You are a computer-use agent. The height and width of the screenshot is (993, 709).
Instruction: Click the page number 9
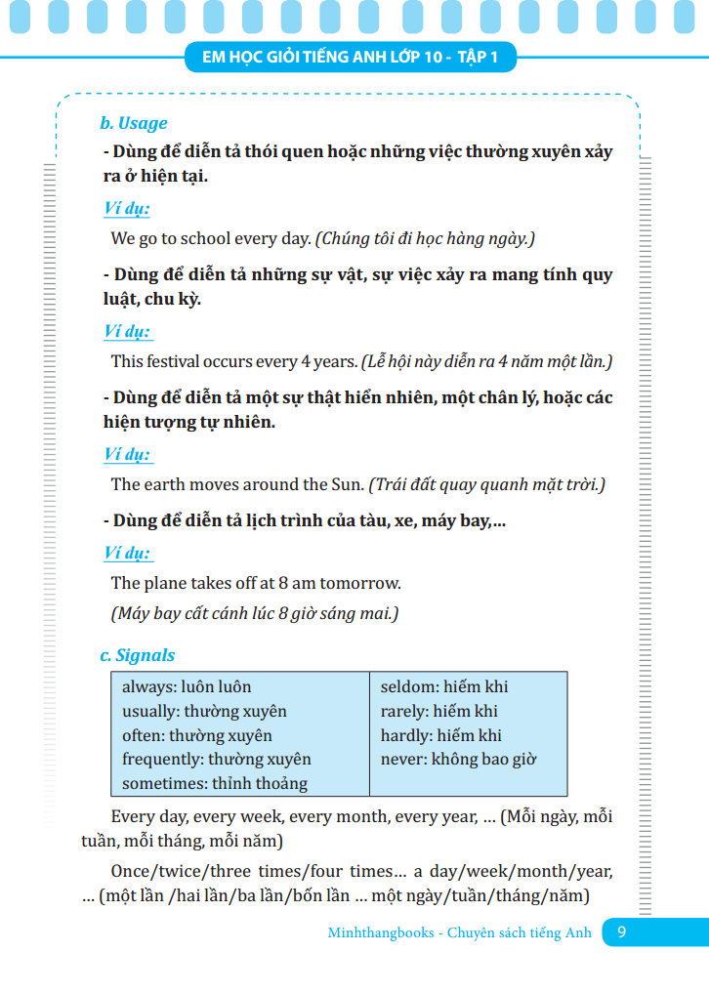click(622, 932)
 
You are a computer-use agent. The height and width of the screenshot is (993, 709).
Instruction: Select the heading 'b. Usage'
click(134, 123)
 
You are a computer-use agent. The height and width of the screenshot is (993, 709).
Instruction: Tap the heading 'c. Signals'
click(138, 655)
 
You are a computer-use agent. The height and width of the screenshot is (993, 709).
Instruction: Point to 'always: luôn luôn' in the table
click(187, 687)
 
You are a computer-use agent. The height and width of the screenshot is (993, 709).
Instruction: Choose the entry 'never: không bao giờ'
click(458, 759)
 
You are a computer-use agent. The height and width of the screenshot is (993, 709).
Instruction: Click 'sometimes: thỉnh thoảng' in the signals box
click(214, 783)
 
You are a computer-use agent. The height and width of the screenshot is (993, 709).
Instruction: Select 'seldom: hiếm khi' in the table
click(444, 687)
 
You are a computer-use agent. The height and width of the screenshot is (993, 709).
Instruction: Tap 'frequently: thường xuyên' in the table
click(216, 759)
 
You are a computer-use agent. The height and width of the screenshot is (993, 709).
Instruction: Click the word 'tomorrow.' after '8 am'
click(366, 583)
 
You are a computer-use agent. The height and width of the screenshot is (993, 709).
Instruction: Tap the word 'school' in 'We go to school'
click(216, 237)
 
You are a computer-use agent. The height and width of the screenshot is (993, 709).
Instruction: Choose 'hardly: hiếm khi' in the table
click(440, 735)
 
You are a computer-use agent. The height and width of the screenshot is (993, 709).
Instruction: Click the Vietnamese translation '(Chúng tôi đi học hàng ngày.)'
click(425, 237)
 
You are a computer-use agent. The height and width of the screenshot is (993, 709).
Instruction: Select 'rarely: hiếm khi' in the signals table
click(438, 711)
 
